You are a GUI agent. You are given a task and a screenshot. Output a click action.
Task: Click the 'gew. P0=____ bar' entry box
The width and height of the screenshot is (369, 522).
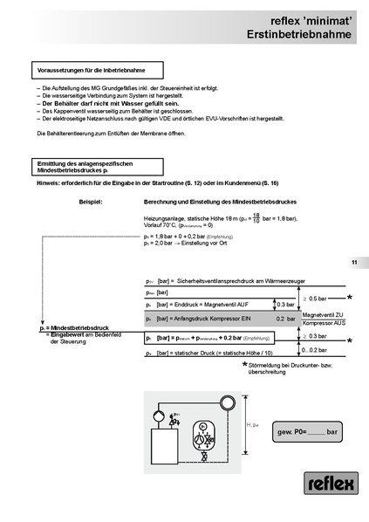coord(306,432)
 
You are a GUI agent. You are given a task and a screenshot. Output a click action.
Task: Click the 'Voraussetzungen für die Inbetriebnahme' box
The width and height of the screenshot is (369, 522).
coord(90,68)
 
